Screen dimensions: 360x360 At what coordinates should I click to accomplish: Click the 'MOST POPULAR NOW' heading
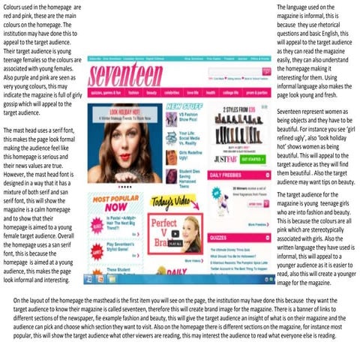tap(114, 202)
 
